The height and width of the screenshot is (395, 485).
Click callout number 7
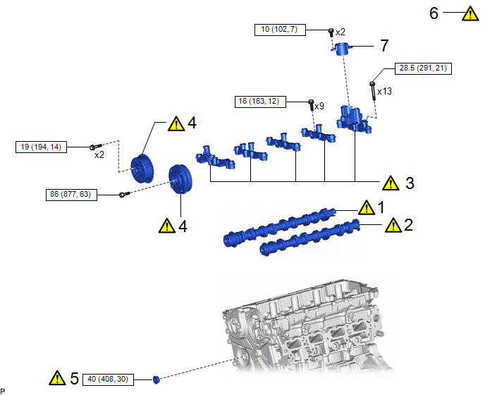click(x=384, y=46)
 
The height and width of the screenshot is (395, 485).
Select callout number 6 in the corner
click(x=434, y=13)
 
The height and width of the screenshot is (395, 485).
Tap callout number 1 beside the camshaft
click(x=381, y=207)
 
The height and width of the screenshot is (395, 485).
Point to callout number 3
click(x=410, y=183)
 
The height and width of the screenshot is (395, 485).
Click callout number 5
click(x=74, y=378)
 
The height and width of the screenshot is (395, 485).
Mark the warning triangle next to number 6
click(x=469, y=13)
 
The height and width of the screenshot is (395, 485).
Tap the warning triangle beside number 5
click(x=56, y=379)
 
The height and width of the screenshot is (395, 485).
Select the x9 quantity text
click(x=319, y=106)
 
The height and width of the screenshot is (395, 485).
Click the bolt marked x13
click(x=372, y=90)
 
